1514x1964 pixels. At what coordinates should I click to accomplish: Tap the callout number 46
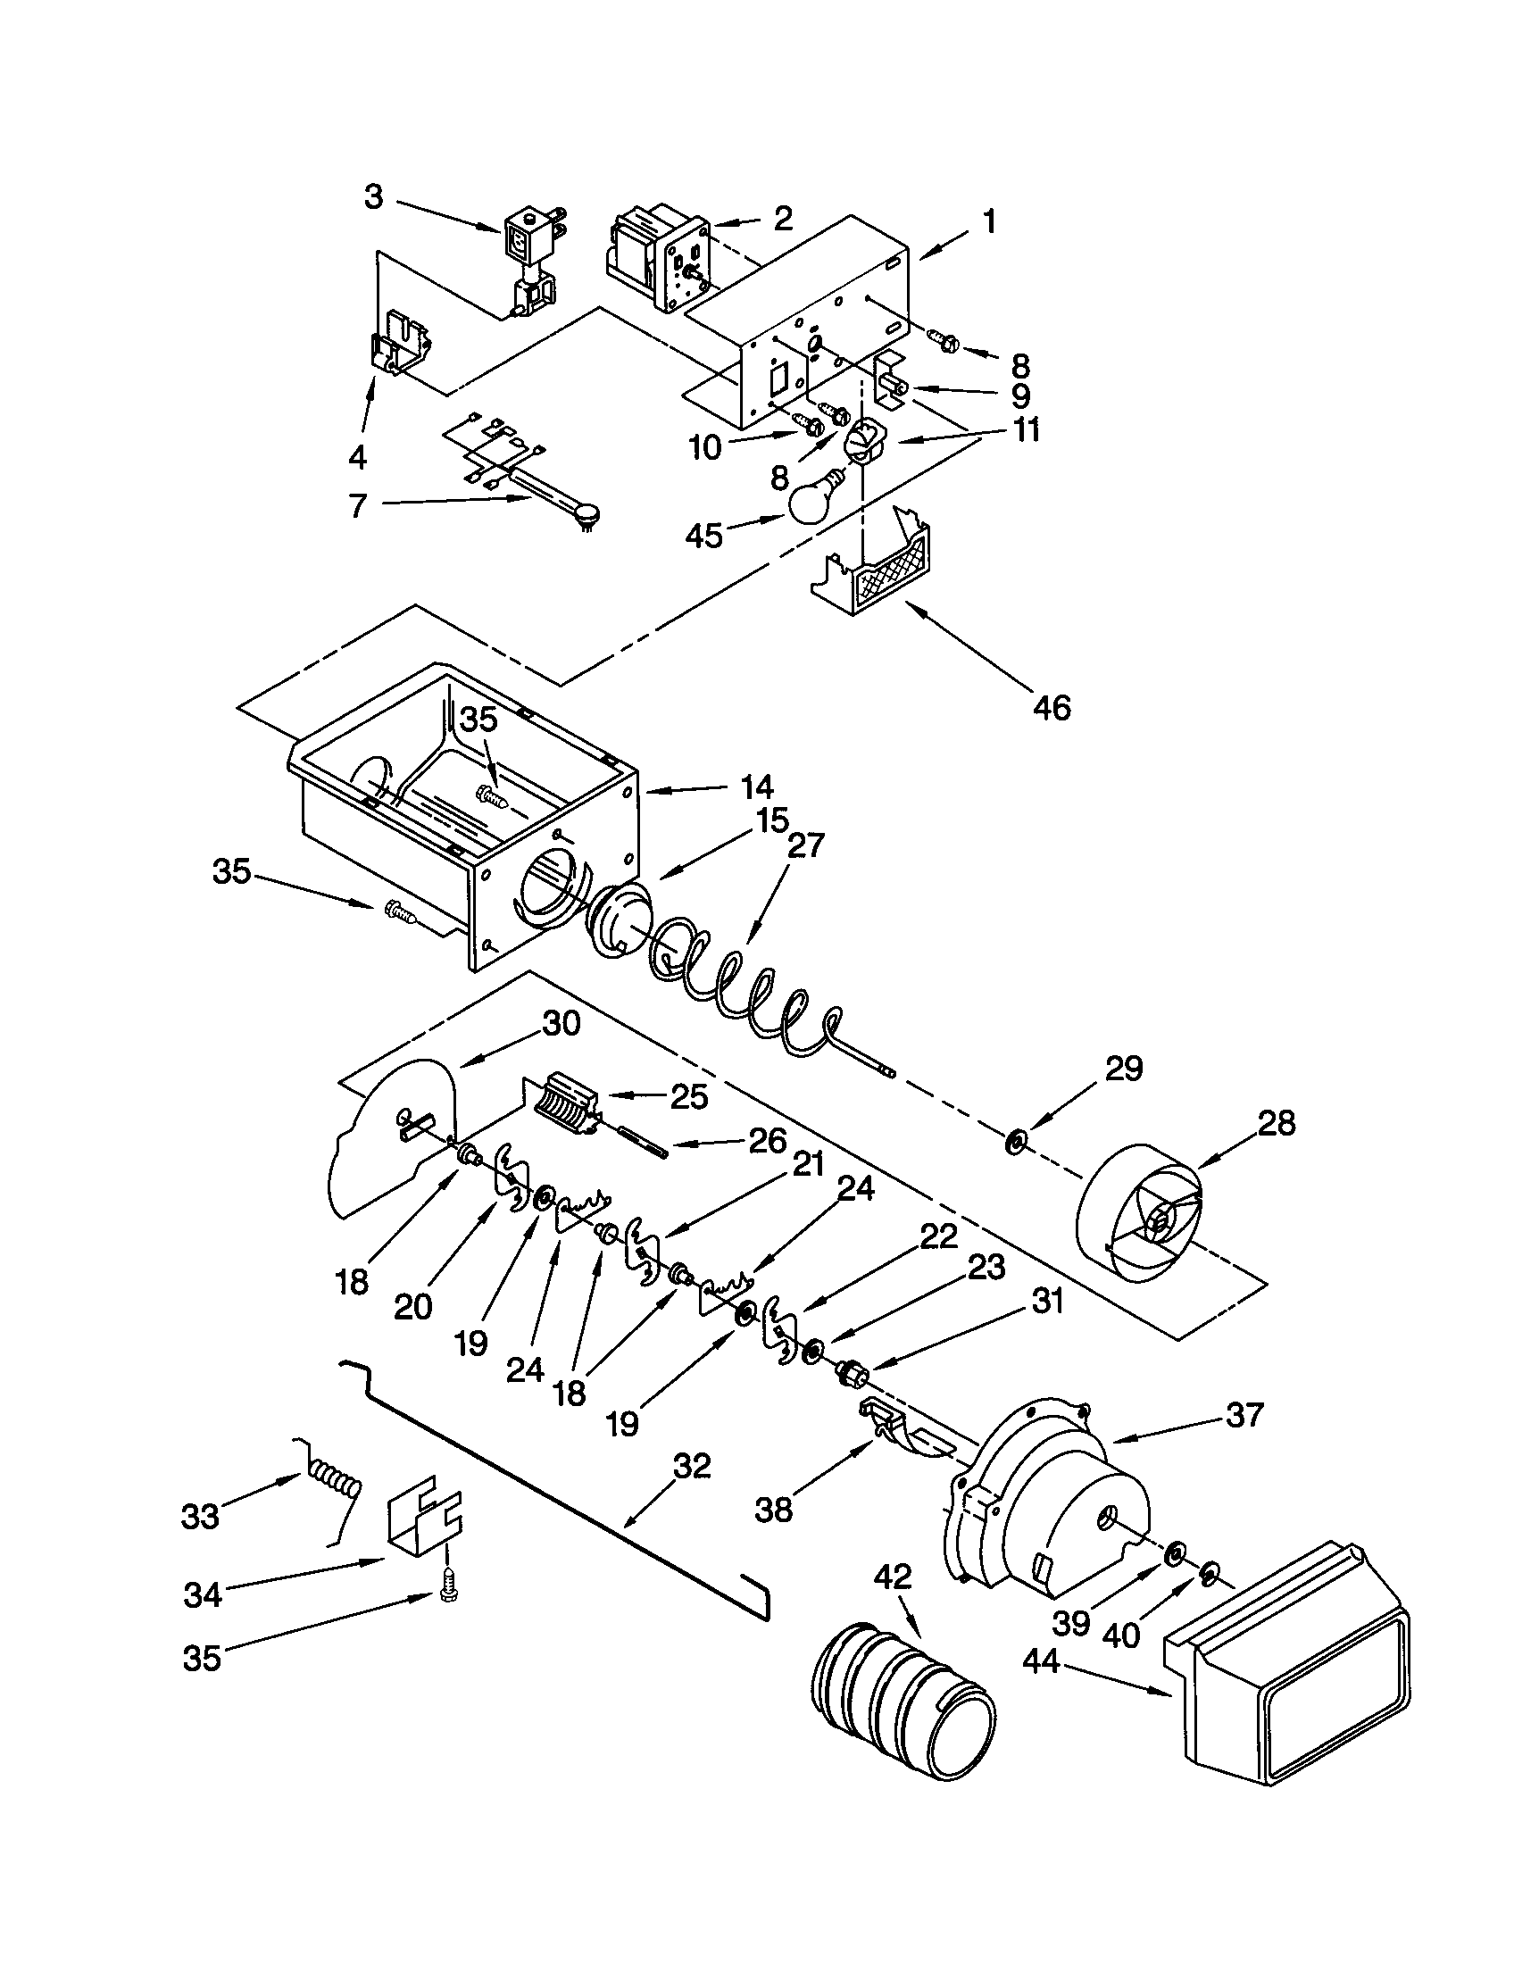point(1051,708)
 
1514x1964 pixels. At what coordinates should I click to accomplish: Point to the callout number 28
point(1277,1122)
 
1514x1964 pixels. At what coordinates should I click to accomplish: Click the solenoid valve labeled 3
point(529,261)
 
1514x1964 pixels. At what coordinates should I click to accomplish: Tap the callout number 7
point(358,506)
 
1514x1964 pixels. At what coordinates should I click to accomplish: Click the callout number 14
point(757,786)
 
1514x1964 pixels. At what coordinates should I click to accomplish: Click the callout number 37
point(1244,1415)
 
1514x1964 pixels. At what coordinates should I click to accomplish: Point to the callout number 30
point(561,1023)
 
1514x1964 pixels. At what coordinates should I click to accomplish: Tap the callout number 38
point(773,1509)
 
